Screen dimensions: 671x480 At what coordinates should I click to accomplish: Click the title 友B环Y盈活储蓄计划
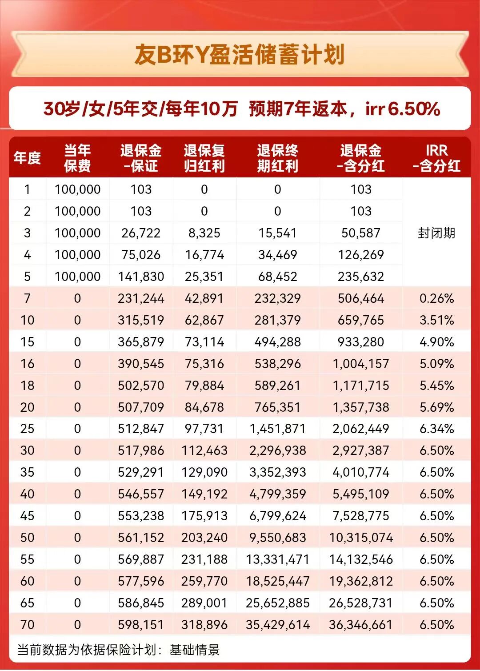[x=240, y=55]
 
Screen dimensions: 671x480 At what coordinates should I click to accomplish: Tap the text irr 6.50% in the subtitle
[x=403, y=109]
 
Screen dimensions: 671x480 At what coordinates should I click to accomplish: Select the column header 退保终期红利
[x=277, y=158]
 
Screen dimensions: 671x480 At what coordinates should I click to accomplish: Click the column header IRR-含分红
[x=436, y=158]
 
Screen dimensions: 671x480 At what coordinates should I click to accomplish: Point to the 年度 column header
[x=27, y=158]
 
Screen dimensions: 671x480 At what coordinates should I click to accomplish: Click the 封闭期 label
[x=436, y=233]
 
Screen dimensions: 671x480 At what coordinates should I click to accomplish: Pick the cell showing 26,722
[x=141, y=233]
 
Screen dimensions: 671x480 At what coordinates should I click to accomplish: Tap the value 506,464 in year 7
[x=361, y=298]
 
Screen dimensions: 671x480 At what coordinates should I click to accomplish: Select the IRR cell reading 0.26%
[x=436, y=298]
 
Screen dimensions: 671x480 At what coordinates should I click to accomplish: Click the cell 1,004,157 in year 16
[x=361, y=364]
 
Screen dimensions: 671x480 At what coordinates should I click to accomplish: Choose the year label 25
[x=27, y=429]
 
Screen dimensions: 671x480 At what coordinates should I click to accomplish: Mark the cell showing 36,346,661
[x=361, y=625]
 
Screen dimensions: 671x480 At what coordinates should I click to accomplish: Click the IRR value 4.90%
[x=436, y=342]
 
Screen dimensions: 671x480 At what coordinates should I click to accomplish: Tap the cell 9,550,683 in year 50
[x=277, y=538]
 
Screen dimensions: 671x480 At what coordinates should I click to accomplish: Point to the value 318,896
[x=204, y=625]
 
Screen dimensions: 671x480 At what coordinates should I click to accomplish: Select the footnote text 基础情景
[x=195, y=650]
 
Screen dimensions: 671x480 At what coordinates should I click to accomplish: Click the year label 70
[x=27, y=625]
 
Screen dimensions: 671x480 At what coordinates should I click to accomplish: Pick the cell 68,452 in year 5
[x=277, y=277]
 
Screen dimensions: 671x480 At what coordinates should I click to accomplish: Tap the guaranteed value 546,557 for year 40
[x=141, y=494]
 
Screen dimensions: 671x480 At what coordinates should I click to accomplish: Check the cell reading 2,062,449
[x=361, y=429]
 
